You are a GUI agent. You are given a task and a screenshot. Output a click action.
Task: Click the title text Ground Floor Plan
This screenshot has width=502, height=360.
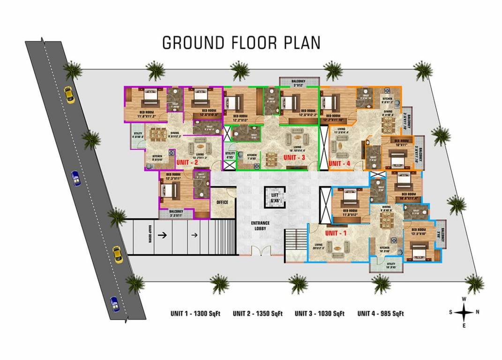point(241,42)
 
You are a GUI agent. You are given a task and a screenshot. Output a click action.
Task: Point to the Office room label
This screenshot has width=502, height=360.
point(222,202)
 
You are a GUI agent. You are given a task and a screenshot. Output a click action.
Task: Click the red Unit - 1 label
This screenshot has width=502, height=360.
point(336,233)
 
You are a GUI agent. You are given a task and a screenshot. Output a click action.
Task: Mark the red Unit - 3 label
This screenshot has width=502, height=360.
point(295,157)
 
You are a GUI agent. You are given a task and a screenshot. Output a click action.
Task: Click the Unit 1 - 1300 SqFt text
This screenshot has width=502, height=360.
point(195,314)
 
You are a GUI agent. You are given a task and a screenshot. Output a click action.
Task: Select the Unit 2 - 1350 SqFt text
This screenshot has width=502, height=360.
point(257,314)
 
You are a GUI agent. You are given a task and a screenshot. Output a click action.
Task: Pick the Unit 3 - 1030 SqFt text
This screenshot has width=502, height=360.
point(320,314)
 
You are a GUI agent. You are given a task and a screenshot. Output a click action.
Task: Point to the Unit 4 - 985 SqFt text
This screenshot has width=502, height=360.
point(381,314)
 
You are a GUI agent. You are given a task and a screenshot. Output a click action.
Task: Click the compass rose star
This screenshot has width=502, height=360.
point(464,311)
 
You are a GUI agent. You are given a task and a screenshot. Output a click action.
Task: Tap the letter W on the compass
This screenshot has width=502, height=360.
point(464,299)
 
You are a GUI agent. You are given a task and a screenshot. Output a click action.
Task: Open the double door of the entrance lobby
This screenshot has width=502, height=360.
point(260,251)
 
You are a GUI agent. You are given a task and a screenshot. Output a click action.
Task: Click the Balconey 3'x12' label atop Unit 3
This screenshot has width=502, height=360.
point(299,83)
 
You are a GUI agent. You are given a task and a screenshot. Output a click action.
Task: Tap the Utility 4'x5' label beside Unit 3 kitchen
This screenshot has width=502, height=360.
point(230,155)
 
